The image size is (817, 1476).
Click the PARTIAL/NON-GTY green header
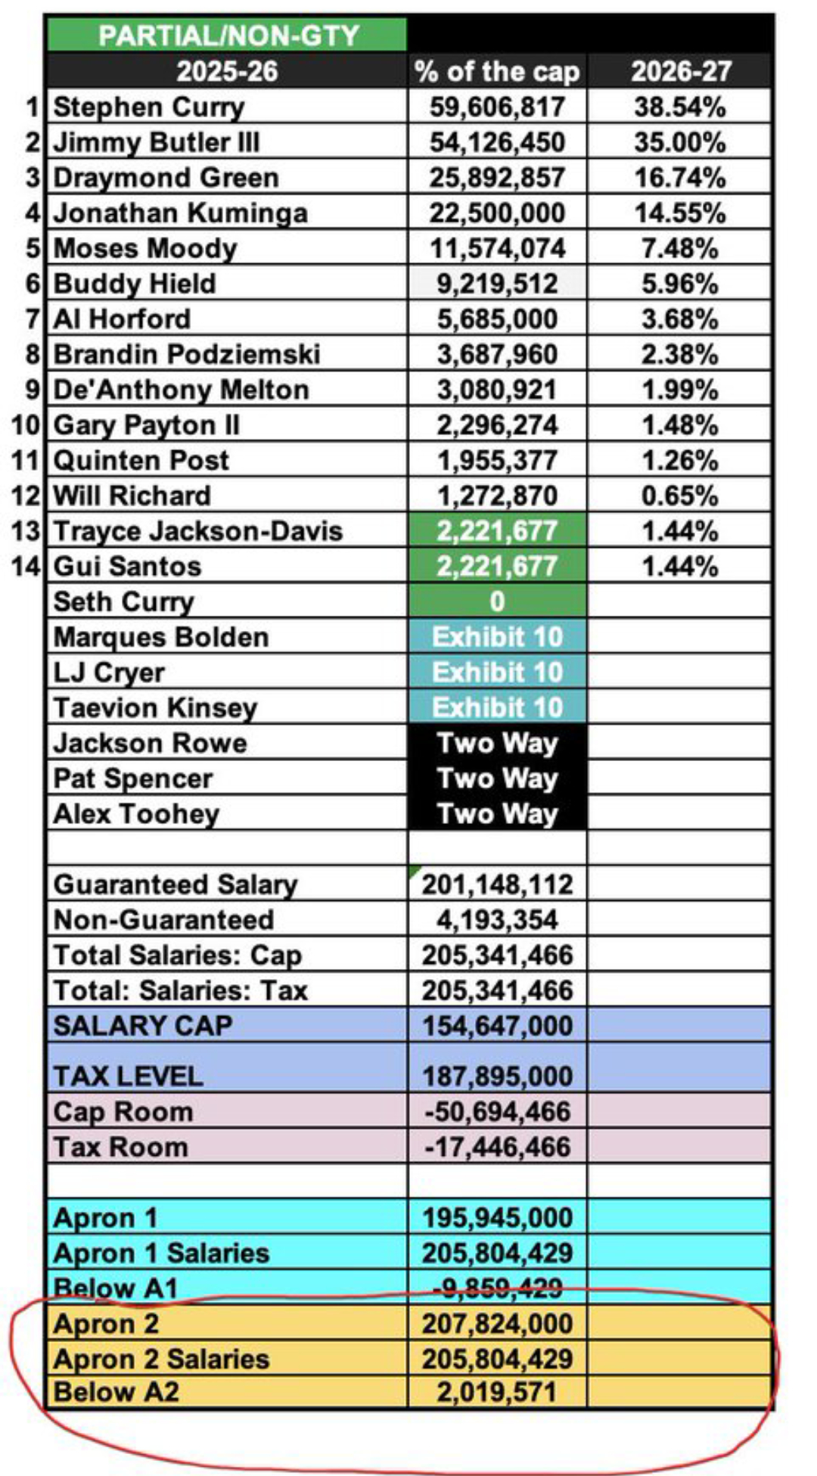227,36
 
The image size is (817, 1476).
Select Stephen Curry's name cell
149,107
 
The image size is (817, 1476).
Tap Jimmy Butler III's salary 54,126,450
497,142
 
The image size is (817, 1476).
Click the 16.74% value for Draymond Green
679,178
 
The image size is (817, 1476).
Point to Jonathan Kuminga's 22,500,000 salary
497,213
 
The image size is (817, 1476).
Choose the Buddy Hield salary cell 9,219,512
497,284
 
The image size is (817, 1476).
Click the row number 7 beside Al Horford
33,319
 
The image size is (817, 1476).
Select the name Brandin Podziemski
187,354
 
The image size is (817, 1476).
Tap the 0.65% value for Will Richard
679,496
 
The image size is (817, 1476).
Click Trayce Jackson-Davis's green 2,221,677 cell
497,531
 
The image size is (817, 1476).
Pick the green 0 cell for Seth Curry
497,601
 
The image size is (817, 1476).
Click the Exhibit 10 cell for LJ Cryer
497,672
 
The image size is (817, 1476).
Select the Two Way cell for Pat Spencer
497,778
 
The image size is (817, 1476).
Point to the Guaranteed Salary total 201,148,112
497,884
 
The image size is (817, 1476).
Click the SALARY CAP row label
143,1026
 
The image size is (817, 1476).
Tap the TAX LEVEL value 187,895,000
497,1076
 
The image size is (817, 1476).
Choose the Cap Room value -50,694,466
497,1112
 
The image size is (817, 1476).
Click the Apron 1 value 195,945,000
497,1218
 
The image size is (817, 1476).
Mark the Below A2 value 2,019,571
497,1392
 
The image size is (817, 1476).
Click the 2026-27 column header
681,71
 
